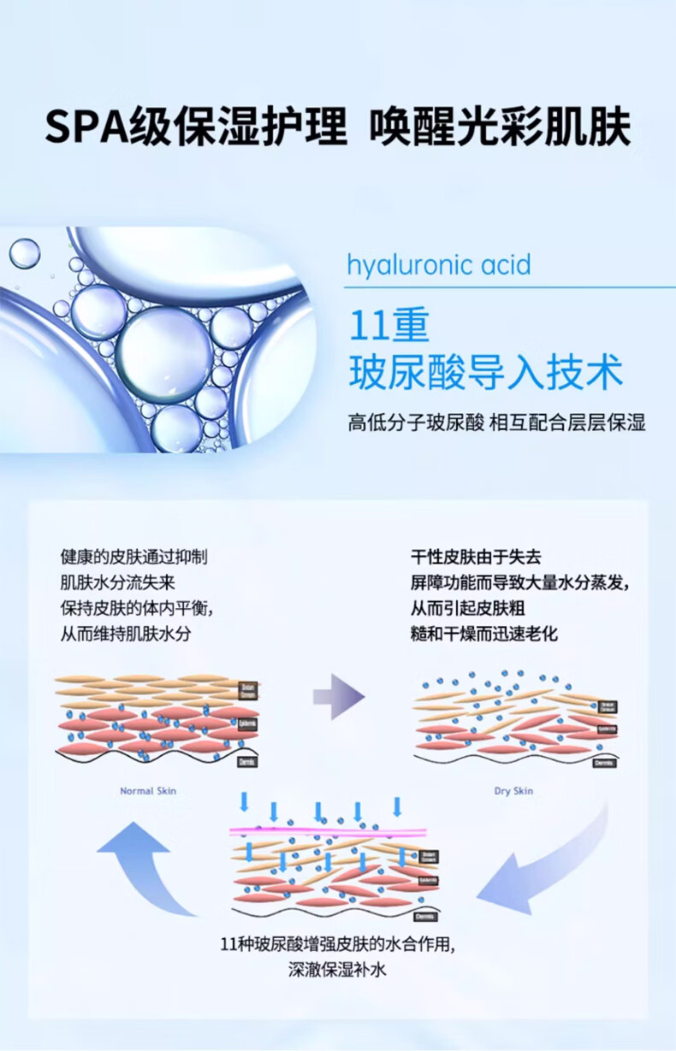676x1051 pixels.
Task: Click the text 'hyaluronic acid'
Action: [x=438, y=264]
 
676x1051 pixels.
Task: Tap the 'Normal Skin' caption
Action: [x=148, y=791]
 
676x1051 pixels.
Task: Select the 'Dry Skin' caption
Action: [x=513, y=791]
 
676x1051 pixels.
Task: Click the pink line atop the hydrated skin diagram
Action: [x=329, y=830]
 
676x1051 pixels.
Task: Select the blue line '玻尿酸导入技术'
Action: [x=485, y=374]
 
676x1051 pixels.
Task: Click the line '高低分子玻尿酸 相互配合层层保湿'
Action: [x=495, y=422]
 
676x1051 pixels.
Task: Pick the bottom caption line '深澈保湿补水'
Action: [x=338, y=970]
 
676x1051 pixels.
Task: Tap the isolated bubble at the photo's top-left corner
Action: [x=24, y=253]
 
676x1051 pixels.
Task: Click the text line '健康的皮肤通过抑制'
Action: [x=133, y=557]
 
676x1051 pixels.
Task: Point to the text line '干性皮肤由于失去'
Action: [x=476, y=557]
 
